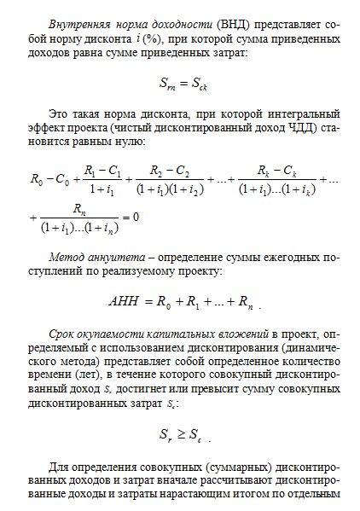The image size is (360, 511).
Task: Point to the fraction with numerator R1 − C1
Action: [102, 180]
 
